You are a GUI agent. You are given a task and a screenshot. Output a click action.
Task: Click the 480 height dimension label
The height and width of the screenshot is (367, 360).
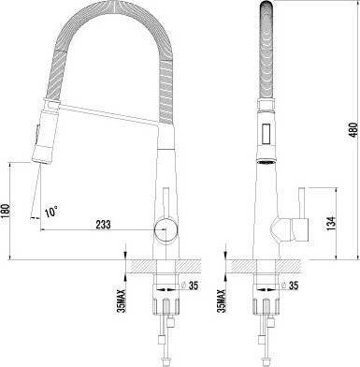pyautogui.click(x=353, y=130)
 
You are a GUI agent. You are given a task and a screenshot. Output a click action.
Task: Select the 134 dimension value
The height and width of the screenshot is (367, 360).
pyautogui.click(x=332, y=224)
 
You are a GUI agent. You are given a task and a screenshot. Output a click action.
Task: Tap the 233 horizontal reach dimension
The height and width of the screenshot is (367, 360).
pyautogui.click(x=103, y=225)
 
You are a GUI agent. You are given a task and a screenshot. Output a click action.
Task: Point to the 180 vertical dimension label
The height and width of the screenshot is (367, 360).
pyautogui.click(x=6, y=213)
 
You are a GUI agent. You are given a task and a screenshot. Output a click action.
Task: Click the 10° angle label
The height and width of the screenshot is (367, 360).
pyautogui.click(x=51, y=213)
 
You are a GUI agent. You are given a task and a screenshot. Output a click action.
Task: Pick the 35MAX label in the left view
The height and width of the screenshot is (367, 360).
pyautogui.click(x=121, y=301)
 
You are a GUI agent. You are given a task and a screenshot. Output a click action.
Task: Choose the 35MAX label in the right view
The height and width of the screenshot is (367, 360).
pyautogui.click(x=221, y=301)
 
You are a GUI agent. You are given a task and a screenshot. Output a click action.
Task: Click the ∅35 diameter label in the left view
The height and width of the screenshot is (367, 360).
pyautogui.click(x=190, y=286)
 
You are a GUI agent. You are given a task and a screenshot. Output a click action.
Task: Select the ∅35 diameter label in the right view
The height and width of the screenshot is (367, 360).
pyautogui.click(x=290, y=286)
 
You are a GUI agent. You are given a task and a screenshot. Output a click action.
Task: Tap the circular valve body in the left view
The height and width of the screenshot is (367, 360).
pyautogui.click(x=166, y=230)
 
